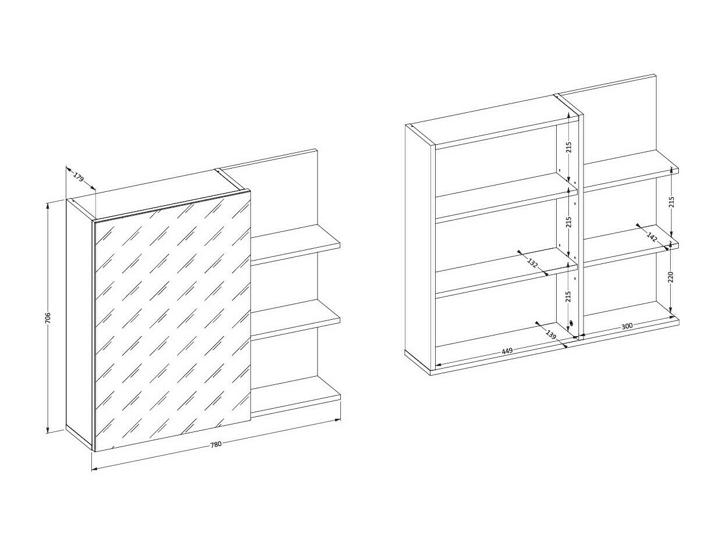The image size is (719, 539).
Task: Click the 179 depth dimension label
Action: click(79, 177)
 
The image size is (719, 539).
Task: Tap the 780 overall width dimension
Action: click(216, 444)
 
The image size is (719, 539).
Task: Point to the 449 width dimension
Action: click(507, 351)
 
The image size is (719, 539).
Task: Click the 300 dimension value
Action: click(627, 326)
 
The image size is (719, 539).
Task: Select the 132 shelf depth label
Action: click(532, 262)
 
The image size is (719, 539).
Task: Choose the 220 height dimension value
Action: click(671, 277)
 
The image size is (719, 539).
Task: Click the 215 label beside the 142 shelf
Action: click(671, 202)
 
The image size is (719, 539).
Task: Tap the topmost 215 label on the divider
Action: click(568, 147)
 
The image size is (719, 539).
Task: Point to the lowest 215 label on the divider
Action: click(568, 296)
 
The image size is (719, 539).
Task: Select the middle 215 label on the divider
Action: click(568, 222)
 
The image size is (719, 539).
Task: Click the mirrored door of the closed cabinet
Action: click(172, 320)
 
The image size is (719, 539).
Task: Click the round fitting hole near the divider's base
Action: click(572, 324)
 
